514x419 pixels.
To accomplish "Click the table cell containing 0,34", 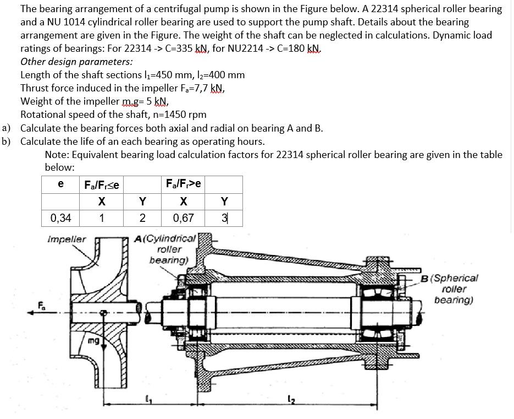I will pyautogui.click(x=60, y=217).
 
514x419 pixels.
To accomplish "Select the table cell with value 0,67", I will pyautogui.click(x=183, y=217).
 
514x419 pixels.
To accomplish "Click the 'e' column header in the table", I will pyautogui.click(x=60, y=183).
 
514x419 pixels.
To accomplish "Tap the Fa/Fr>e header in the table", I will pyautogui.click(x=183, y=183).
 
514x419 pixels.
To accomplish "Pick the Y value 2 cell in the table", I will pyautogui.click(x=142, y=217).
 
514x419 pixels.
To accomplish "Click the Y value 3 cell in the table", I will pyautogui.click(x=224, y=217).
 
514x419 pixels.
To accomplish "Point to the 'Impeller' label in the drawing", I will pyautogui.click(x=67, y=240).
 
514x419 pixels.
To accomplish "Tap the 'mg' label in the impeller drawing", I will pyautogui.click(x=93, y=341).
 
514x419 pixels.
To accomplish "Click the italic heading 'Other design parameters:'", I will pyautogui.click(x=76, y=62).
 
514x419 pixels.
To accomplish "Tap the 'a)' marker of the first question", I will pyautogui.click(x=7, y=128).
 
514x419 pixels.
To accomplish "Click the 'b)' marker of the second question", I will pyautogui.click(x=7, y=142).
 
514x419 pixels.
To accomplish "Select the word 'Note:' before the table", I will pyautogui.click(x=58, y=155).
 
